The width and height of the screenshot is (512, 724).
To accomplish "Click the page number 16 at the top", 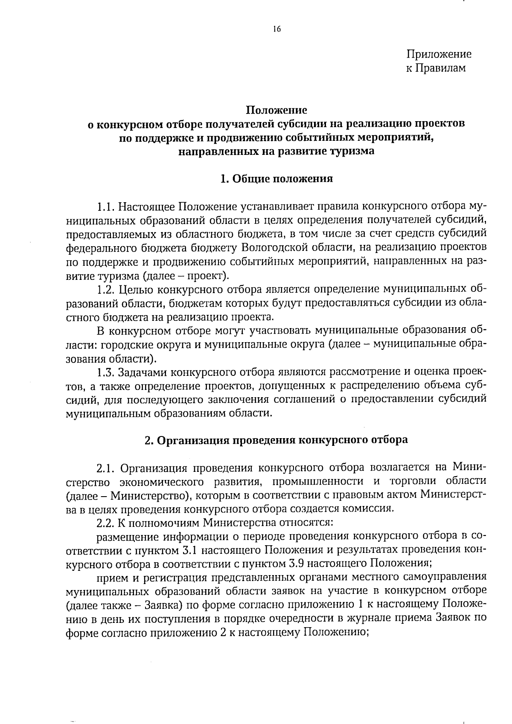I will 276,29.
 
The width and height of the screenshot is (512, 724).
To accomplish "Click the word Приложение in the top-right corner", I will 439,55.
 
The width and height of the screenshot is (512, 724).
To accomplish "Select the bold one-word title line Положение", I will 276,110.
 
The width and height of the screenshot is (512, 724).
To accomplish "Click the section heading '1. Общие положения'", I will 276,179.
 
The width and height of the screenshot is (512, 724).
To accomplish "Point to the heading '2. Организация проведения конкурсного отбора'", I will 276,440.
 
